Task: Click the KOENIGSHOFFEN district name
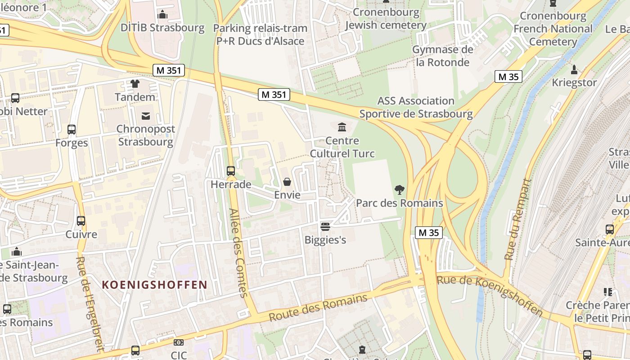pyautogui.click(x=154, y=285)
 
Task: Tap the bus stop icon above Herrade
pyautogui.click(x=231, y=171)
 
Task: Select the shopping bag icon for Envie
pyautogui.click(x=287, y=182)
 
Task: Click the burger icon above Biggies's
pyautogui.click(x=325, y=226)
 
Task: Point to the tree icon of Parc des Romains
pyautogui.click(x=399, y=190)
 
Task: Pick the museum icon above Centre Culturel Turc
pyautogui.click(x=342, y=127)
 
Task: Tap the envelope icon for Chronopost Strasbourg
pyautogui.click(x=146, y=116)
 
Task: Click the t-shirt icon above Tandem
pyautogui.click(x=135, y=84)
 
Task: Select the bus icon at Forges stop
pyautogui.click(x=72, y=130)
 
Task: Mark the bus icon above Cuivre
pyautogui.click(x=81, y=221)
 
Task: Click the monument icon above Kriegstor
pyautogui.click(x=574, y=70)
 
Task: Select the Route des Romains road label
pyautogui.click(x=318, y=308)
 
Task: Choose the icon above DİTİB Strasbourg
pyautogui.click(x=163, y=15)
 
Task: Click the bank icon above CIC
pyautogui.click(x=179, y=342)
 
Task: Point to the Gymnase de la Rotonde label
pyautogui.click(x=443, y=56)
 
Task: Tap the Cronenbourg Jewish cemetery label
pyautogui.click(x=386, y=18)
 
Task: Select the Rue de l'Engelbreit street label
pyautogui.click(x=90, y=304)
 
